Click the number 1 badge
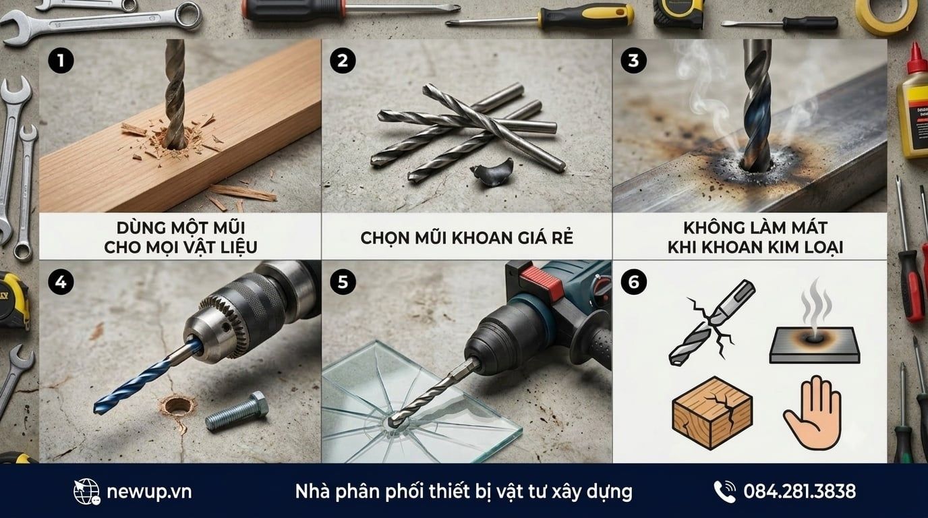point(61,61)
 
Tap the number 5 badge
point(343,282)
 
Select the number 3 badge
point(633,61)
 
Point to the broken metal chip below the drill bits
point(492,172)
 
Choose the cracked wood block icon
point(712,413)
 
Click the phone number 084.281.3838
point(800,492)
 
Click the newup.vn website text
point(149,492)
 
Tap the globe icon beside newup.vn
point(86,492)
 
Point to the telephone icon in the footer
point(724,492)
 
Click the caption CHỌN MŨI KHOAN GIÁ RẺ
point(467,238)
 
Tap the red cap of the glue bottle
point(917,59)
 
